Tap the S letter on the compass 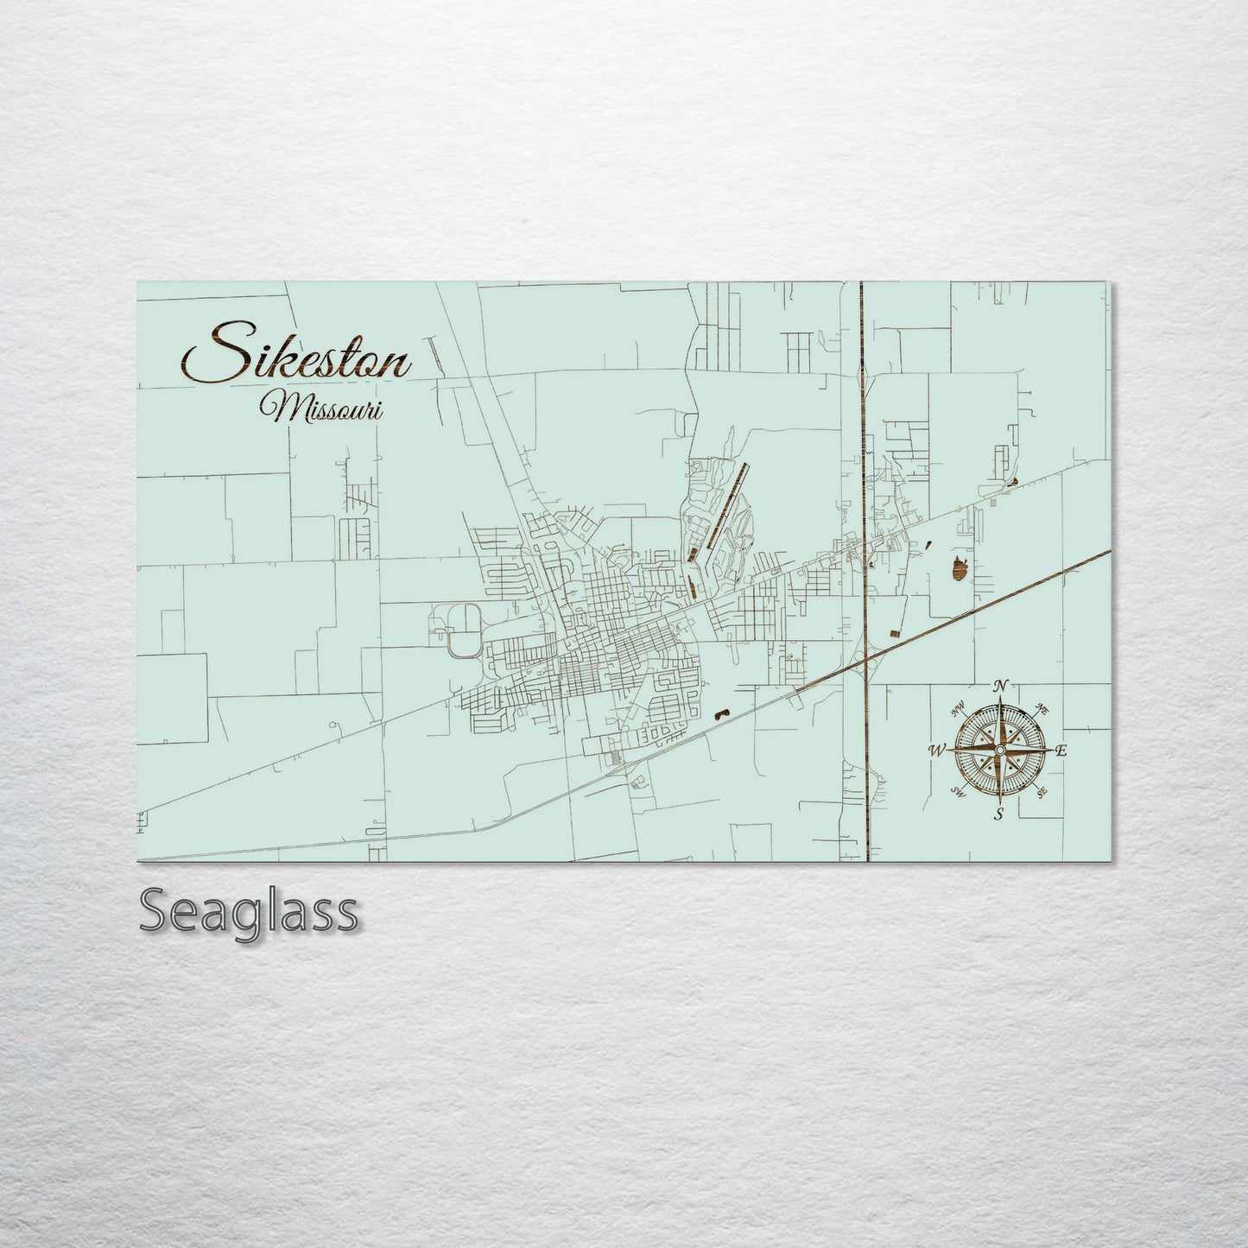(999, 814)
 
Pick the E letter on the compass (1061, 751)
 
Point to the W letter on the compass (937, 751)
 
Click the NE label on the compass (1042, 710)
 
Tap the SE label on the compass (1042, 791)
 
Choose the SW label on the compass (958, 790)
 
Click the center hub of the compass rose (1000, 750)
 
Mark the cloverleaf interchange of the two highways (865, 660)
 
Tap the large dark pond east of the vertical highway (958, 568)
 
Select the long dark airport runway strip (725, 510)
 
